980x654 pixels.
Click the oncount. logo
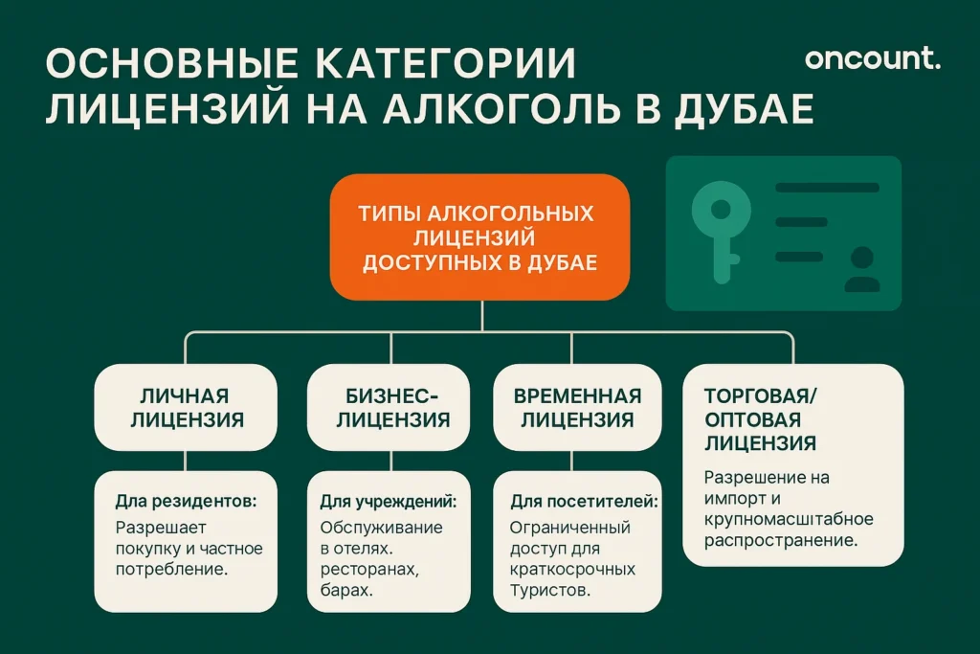coord(872,59)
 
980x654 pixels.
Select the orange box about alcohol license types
coord(479,237)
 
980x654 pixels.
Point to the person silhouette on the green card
coord(862,270)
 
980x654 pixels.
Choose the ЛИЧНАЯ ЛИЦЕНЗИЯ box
coord(185,408)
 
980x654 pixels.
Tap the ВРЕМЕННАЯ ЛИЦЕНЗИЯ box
coord(576,408)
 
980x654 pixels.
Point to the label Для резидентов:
coord(188,501)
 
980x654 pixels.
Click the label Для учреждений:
coord(388,501)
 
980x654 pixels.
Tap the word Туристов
coord(547,591)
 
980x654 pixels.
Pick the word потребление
coord(170,570)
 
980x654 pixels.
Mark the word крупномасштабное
coord(789,519)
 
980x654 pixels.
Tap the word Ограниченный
coord(569,528)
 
